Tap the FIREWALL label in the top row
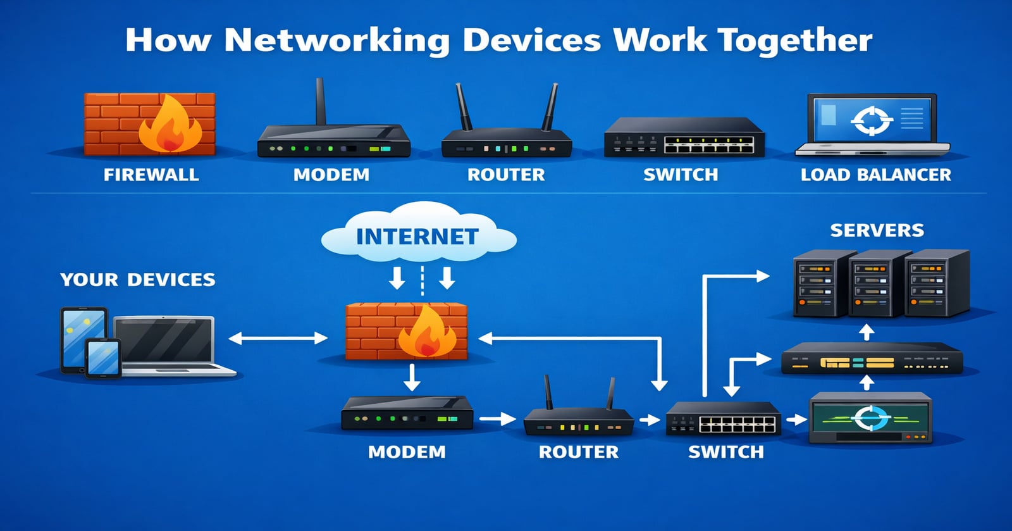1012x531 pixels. click(x=151, y=175)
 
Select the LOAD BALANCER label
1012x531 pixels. click(x=875, y=175)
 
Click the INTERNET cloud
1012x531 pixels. click(x=419, y=232)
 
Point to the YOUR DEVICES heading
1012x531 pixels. click(x=138, y=280)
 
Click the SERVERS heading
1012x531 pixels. click(x=877, y=230)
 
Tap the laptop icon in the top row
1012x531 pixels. click(x=872, y=125)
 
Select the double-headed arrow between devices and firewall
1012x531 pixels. click(x=278, y=338)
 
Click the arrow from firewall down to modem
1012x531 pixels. click(x=412, y=378)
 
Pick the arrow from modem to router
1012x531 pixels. click(x=497, y=419)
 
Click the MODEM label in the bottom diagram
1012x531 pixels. click(x=407, y=452)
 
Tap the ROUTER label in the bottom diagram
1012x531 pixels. click(x=579, y=452)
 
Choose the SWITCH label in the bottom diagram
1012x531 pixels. click(x=726, y=452)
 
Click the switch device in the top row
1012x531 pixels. click(x=684, y=137)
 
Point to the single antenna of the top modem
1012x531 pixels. click(x=321, y=101)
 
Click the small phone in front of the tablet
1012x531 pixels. click(x=103, y=358)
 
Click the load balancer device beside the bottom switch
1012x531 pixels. click(x=870, y=418)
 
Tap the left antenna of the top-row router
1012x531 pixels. click(x=464, y=107)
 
